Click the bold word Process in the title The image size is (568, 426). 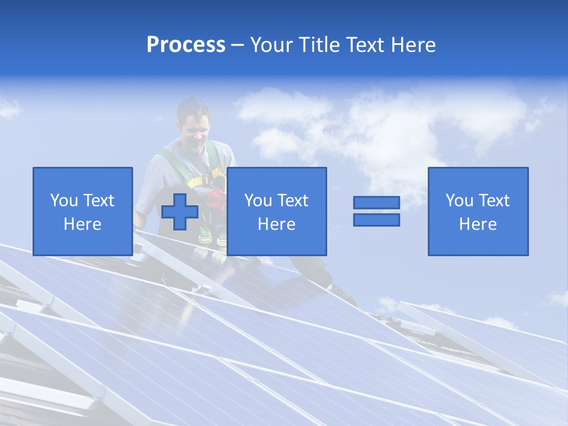186,45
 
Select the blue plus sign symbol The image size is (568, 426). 180,211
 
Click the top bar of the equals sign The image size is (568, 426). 376,202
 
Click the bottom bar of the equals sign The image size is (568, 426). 376,220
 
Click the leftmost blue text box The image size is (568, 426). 82,211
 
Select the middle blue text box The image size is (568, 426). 276,211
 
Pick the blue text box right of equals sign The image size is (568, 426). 477,211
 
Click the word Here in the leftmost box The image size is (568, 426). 82,224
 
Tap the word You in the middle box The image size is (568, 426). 258,201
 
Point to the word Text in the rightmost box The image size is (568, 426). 494,201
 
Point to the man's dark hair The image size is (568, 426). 193,106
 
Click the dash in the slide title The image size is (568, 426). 237,45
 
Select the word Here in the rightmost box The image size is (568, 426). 477,224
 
